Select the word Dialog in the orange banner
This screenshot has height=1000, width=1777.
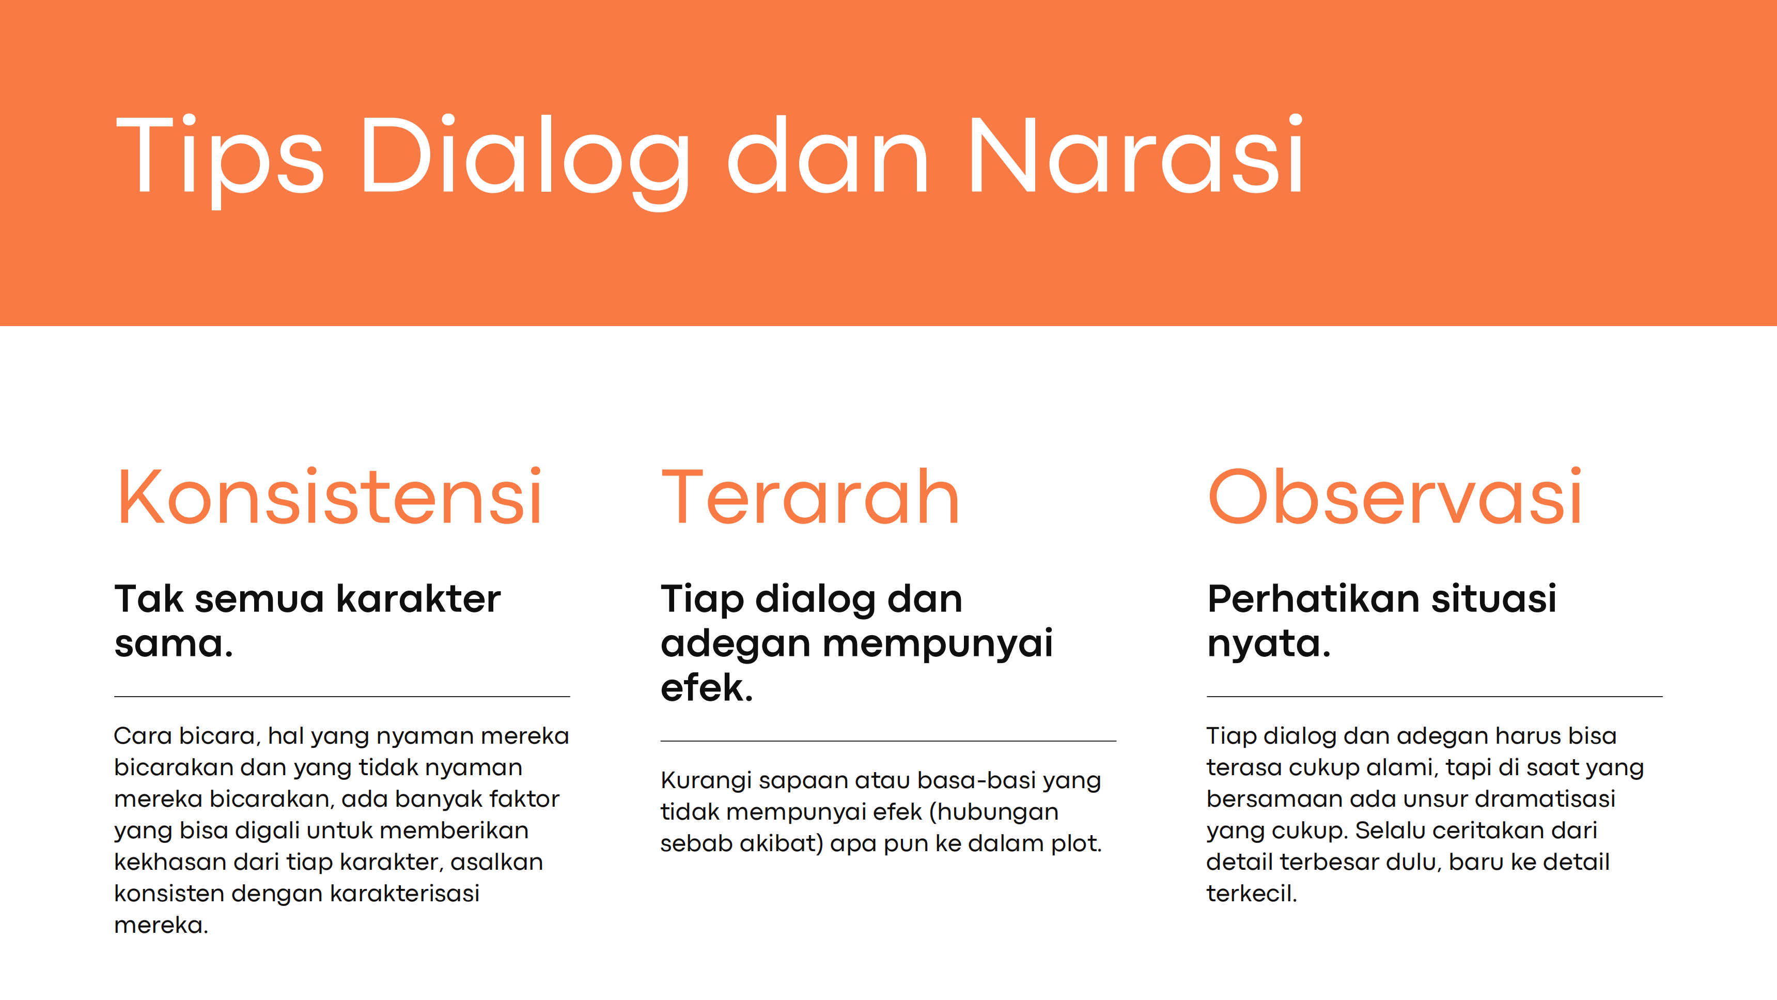coord(524,160)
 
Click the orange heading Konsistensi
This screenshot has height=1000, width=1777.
coord(329,496)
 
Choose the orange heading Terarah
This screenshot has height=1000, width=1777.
coord(810,496)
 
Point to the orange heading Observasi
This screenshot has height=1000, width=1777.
coord(1394,496)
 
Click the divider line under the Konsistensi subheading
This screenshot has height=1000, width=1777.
coord(342,696)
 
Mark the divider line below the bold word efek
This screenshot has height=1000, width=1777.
coord(888,741)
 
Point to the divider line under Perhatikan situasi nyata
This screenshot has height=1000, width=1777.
coord(1435,696)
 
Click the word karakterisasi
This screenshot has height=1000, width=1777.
coord(404,893)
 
